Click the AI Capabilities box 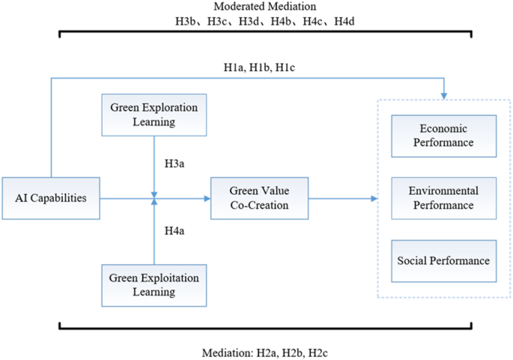[50, 198]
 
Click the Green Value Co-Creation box [259, 198]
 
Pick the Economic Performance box [445, 136]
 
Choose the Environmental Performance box [445, 198]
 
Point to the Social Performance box [445, 260]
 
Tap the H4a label [175, 230]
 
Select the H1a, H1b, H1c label [258, 67]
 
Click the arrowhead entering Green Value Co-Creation [206, 198]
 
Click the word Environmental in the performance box [445, 191]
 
